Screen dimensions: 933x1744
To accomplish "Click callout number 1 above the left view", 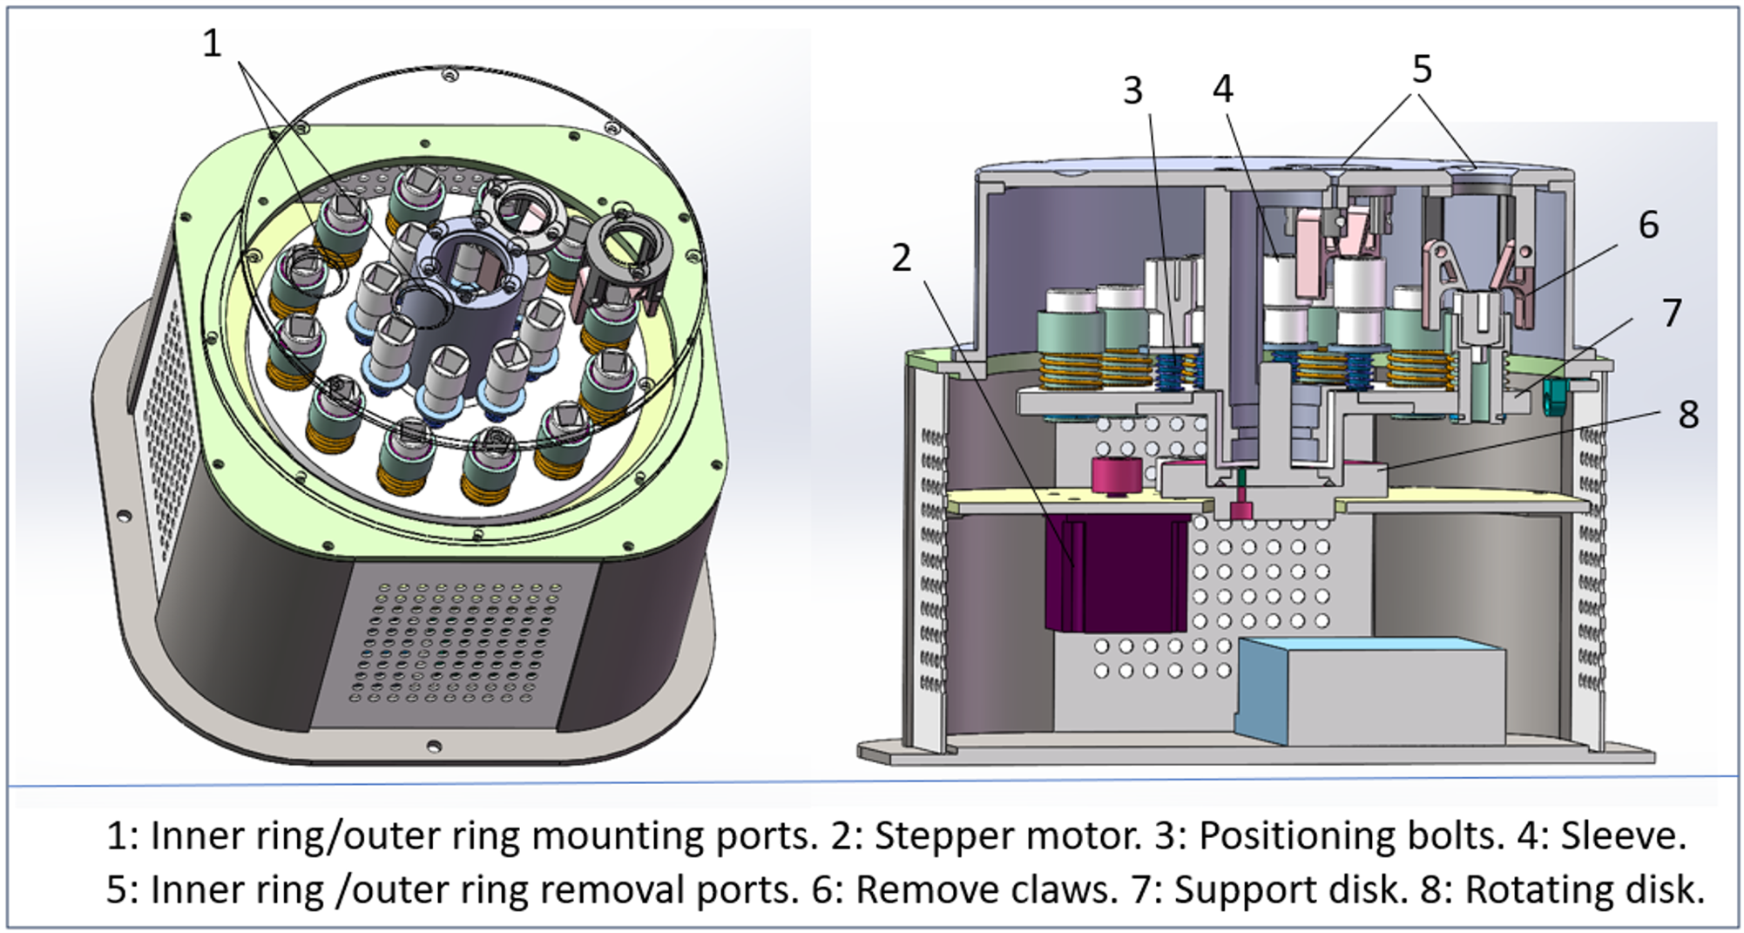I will [213, 43].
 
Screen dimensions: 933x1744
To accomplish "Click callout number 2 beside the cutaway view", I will [902, 257].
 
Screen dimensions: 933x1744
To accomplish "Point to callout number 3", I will [1132, 90].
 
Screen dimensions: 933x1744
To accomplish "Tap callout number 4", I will [1222, 88].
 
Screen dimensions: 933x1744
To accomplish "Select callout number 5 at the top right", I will [1422, 69].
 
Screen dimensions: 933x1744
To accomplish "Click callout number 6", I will [1648, 225].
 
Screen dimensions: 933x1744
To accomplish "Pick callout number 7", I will [1671, 313].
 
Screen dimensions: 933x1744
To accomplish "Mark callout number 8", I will [1688, 415].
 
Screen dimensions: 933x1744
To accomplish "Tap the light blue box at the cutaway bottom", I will [1368, 693].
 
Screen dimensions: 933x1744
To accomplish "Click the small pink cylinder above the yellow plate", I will [1116, 475].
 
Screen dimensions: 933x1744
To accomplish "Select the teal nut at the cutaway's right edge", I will [1553, 396].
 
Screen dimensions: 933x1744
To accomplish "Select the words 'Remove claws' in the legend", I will [985, 889].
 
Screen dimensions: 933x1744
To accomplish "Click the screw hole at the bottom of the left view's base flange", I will [433, 746].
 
